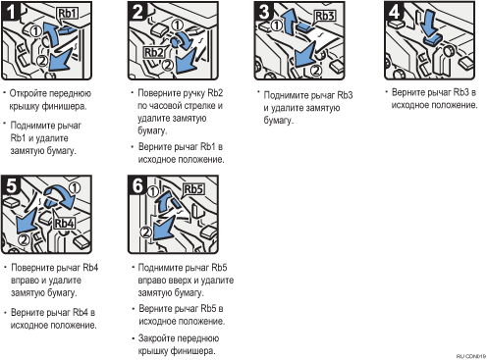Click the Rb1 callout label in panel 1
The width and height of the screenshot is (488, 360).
tap(67, 14)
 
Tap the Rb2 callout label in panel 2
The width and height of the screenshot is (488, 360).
tap(153, 52)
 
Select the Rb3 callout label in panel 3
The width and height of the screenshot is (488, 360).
tap(325, 16)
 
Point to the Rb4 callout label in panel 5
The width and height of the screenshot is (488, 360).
tap(64, 224)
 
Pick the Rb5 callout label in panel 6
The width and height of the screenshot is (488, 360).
tap(193, 189)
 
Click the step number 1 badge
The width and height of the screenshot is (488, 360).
tap(10, 12)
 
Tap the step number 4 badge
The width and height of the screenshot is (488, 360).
tap(394, 12)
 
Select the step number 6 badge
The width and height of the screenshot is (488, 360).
tap(137, 185)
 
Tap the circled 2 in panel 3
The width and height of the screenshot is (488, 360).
tap(315, 70)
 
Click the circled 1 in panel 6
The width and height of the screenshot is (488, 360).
tap(153, 191)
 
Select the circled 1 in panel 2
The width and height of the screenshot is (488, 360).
tap(177, 26)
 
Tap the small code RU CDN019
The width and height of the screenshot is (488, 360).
tap(471, 356)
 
